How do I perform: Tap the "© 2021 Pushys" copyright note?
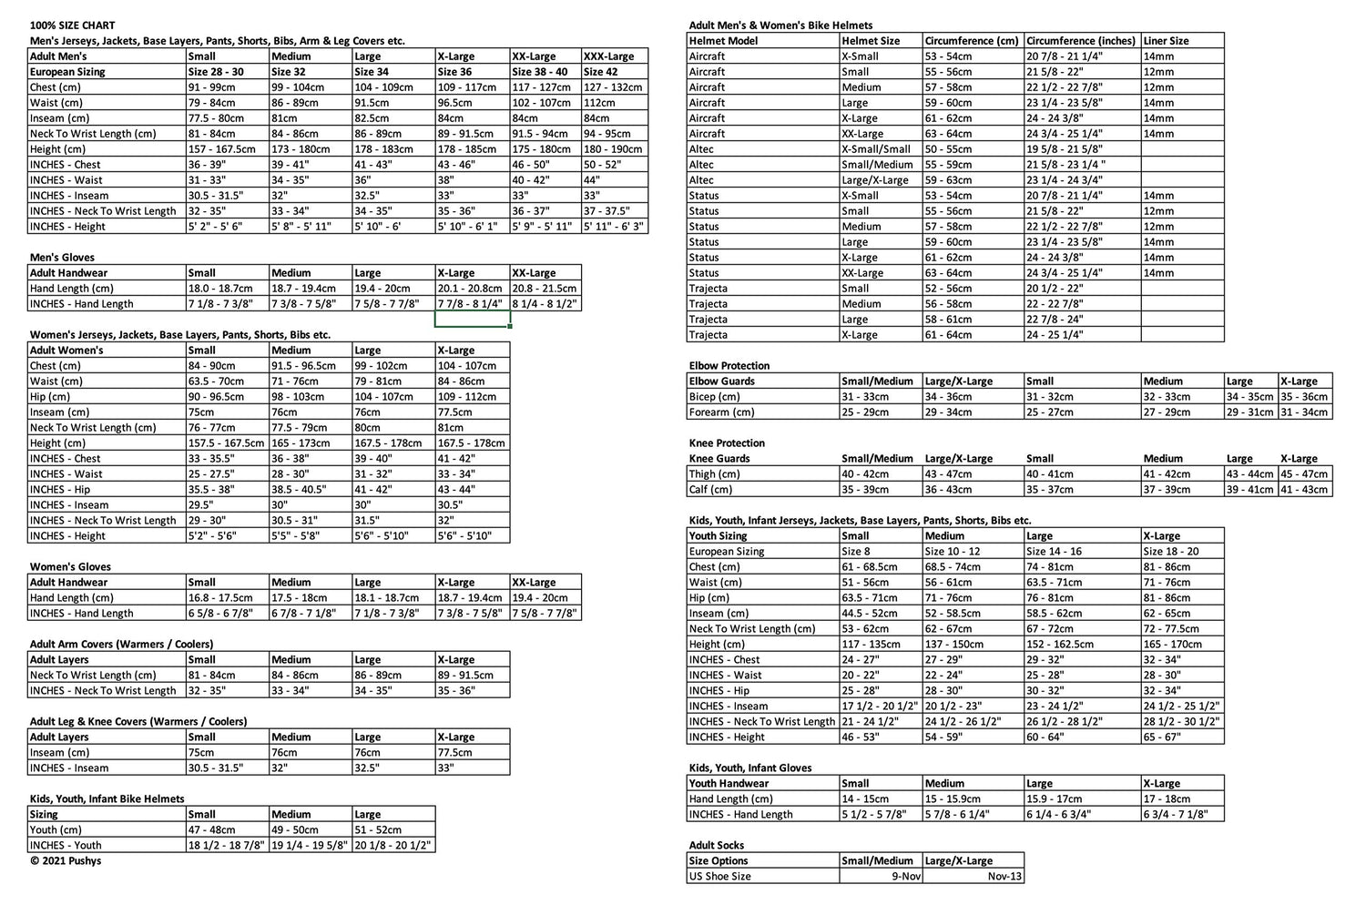click(66, 860)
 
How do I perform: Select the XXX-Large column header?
click(608, 56)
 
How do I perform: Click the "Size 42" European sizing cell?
click(600, 72)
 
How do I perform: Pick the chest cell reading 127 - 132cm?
click(613, 87)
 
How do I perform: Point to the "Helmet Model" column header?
click(724, 41)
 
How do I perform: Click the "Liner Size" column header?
click(1166, 41)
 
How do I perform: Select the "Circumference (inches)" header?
click(1081, 41)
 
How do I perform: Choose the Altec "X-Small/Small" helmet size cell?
click(876, 149)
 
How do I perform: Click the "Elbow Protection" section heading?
click(729, 366)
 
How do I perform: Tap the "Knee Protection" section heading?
click(727, 443)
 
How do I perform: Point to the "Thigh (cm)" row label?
click(715, 474)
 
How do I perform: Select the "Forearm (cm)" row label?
click(721, 412)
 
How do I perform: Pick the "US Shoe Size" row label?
click(720, 877)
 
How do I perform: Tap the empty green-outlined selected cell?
click(472, 320)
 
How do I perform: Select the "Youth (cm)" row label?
click(56, 830)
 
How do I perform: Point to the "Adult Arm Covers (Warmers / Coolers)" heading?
click(121, 645)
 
